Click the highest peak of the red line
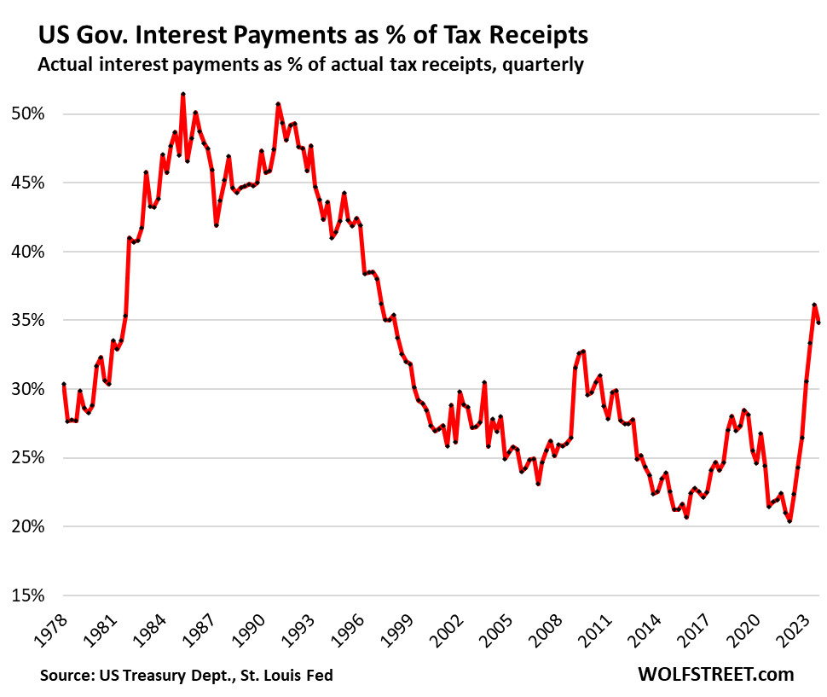click(x=183, y=94)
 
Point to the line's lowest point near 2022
click(x=789, y=521)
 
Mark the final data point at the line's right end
click(x=819, y=322)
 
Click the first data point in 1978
click(x=63, y=385)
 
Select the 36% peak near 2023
click(x=814, y=305)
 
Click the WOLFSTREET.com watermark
click(x=715, y=674)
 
